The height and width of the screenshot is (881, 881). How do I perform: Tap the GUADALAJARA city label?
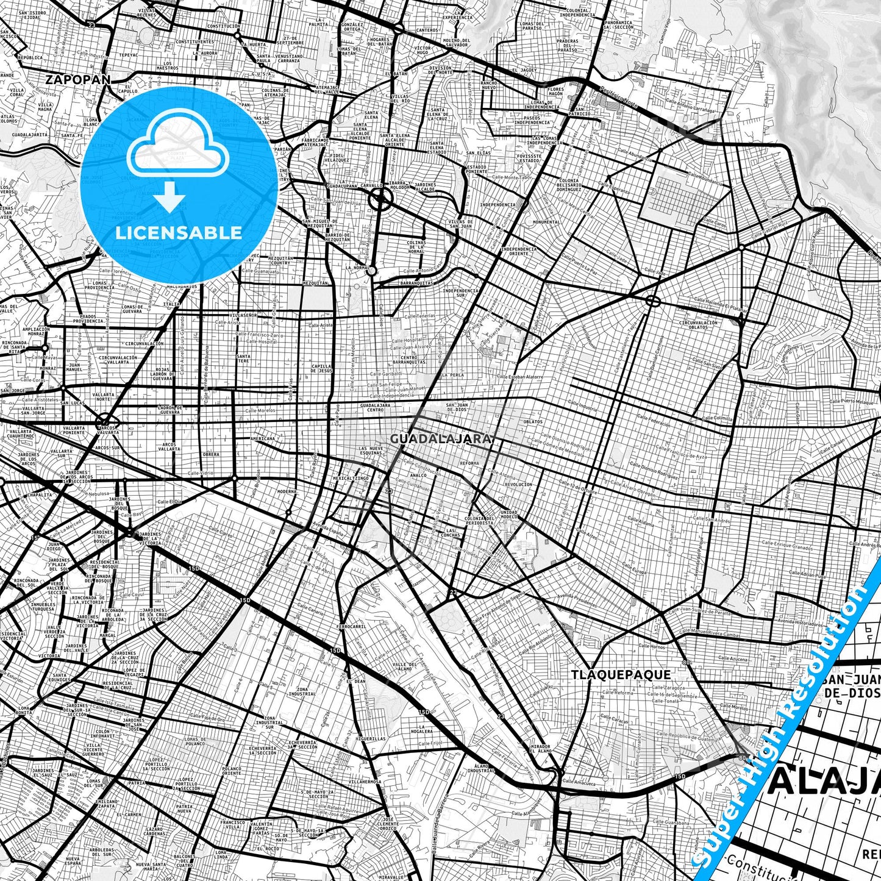(x=441, y=438)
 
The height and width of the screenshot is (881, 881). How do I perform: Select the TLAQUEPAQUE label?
(x=621, y=674)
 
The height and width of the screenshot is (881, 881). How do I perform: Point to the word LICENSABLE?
(x=179, y=232)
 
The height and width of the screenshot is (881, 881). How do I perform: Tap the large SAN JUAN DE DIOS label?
(x=851, y=686)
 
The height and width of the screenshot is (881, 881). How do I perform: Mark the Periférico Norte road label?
(x=617, y=98)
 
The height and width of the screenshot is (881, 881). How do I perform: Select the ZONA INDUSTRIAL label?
(x=302, y=691)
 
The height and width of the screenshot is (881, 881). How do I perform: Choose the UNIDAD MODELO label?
(x=509, y=515)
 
